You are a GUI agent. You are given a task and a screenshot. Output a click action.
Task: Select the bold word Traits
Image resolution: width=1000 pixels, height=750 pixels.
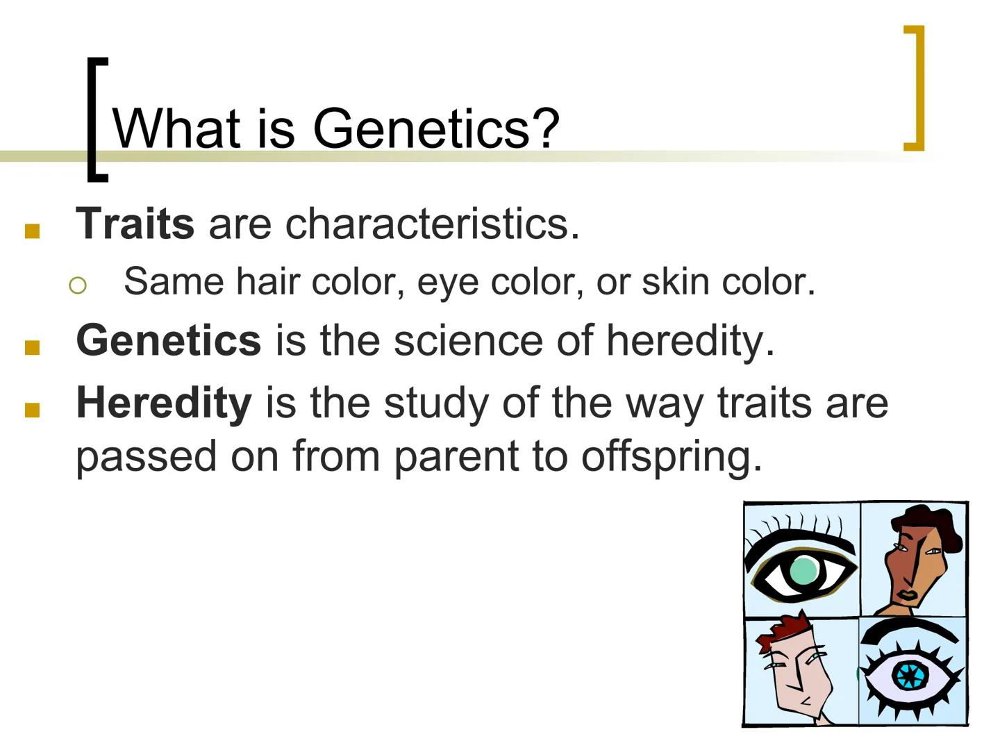(x=135, y=224)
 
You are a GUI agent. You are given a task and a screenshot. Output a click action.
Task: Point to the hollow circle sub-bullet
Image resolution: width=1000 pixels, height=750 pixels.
(x=78, y=285)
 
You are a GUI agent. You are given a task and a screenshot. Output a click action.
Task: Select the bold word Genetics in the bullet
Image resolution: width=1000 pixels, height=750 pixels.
(x=168, y=340)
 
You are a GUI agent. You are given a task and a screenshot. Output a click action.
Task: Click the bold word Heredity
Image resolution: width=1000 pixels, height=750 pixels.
(x=163, y=403)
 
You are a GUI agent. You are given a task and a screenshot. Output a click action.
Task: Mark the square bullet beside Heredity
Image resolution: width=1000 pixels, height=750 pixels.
(x=32, y=410)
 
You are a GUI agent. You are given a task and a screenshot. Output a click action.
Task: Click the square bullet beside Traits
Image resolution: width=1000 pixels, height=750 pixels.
(x=32, y=231)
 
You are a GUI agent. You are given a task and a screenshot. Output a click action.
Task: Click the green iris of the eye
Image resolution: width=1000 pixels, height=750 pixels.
(x=803, y=571)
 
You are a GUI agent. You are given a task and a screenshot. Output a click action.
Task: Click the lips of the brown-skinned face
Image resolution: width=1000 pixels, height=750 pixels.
(x=907, y=595)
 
